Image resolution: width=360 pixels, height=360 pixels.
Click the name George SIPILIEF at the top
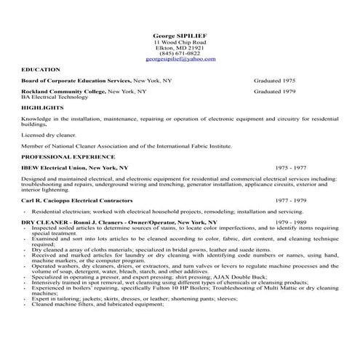point(180,35)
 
